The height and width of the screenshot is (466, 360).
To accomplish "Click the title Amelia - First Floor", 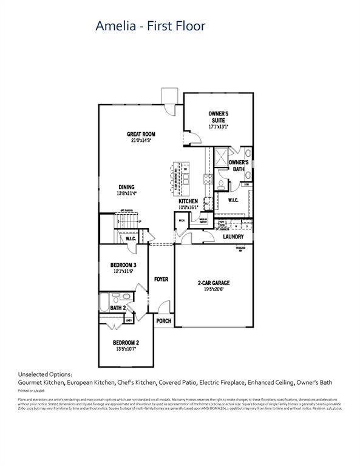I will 151,25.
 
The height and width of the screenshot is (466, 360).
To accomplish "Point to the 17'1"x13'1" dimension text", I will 218,127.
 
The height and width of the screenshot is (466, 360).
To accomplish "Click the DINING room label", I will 126,187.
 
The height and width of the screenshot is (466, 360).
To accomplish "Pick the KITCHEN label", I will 188,201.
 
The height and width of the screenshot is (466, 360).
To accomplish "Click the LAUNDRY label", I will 233,237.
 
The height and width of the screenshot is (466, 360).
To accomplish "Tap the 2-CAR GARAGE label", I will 213,283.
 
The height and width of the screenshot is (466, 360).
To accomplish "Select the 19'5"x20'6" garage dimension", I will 213,290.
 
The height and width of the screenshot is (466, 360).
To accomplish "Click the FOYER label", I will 161,279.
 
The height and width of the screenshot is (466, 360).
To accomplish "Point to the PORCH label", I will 163,320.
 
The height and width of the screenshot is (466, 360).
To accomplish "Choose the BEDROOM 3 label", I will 123,265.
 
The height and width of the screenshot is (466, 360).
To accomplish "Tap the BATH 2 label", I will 118,308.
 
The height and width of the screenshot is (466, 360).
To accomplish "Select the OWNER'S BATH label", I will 239,166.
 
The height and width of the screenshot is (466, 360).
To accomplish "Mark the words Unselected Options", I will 46,374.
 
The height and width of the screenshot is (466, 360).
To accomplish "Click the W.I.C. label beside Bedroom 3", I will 131,239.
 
